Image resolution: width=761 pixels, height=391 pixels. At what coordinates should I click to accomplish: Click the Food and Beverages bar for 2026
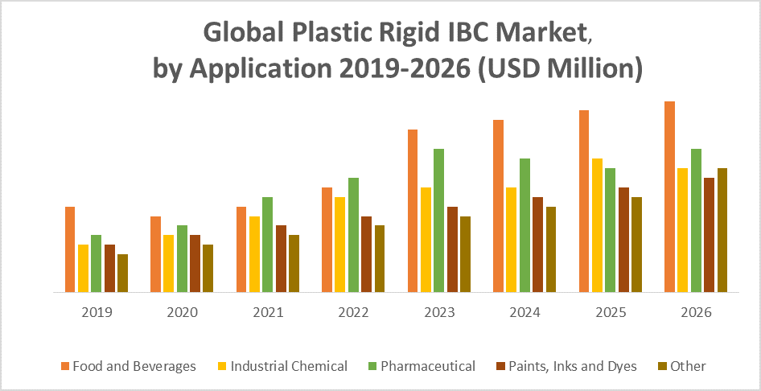[669, 197]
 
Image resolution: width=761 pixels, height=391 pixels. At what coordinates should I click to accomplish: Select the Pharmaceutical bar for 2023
[438, 220]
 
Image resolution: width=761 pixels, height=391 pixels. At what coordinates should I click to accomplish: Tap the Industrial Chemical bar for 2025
[597, 225]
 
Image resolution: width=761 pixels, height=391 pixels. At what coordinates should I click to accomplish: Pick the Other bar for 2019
[122, 274]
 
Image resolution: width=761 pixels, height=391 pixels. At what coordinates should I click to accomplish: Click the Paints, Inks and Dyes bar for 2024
[537, 245]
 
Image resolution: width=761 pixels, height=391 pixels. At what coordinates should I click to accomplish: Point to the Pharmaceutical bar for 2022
[353, 235]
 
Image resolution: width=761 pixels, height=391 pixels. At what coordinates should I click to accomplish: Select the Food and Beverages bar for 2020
[155, 254]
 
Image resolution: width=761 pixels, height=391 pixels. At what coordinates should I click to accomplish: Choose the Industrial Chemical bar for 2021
[254, 254]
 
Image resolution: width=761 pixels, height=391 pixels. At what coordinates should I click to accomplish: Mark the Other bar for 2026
[722, 230]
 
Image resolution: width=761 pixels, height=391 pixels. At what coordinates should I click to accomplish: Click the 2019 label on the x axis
[97, 312]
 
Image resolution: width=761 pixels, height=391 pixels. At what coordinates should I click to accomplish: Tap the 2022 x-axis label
[353, 312]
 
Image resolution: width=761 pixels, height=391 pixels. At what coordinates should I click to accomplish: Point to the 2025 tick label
[610, 312]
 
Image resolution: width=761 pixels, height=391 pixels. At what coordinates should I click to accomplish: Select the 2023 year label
[438, 312]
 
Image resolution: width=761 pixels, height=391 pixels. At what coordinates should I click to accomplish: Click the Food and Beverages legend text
[134, 366]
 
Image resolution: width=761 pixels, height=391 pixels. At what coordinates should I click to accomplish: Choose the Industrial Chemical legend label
[289, 366]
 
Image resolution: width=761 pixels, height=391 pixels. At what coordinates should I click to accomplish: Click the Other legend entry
[687, 366]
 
